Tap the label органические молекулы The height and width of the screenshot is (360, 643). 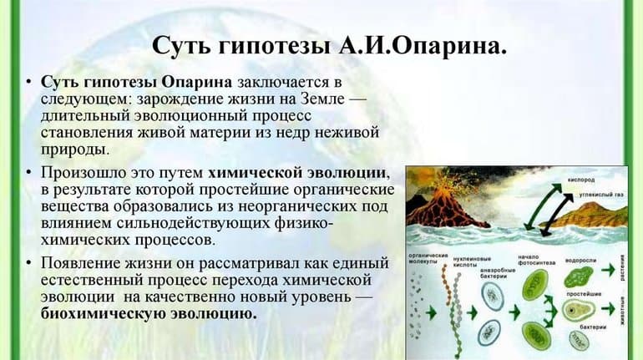[x=427, y=258]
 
